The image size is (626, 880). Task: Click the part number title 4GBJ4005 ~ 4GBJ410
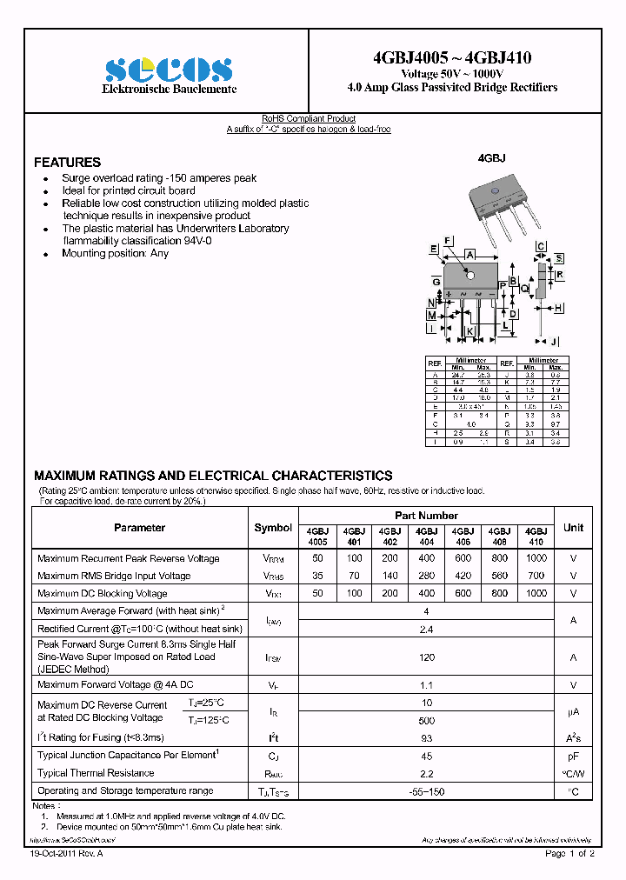point(451,58)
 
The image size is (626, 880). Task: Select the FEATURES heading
point(67,163)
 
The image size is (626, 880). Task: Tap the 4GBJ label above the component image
point(491,159)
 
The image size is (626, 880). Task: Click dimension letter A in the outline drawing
point(469,254)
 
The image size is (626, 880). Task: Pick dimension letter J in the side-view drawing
point(554,341)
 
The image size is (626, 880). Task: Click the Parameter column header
point(139,528)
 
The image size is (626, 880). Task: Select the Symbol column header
point(273,528)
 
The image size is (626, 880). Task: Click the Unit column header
point(573,528)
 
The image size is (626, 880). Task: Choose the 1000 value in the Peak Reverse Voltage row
point(536,558)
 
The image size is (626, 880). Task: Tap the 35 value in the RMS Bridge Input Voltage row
point(317,576)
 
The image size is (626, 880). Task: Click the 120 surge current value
point(426,657)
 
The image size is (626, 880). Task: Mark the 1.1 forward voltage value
point(426,685)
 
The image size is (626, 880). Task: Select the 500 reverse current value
point(426,721)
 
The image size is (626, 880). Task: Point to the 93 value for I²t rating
point(426,737)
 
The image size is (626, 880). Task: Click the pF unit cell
point(573,757)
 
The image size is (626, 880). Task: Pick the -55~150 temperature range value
point(426,791)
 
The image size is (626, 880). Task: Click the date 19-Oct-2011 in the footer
point(53,854)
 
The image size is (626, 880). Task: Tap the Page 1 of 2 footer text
point(569,854)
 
